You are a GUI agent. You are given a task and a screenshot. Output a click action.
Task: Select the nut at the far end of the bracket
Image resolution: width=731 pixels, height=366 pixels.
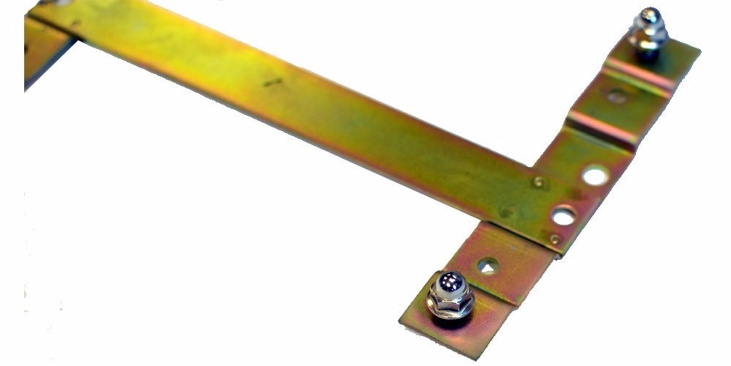pyautogui.click(x=648, y=40)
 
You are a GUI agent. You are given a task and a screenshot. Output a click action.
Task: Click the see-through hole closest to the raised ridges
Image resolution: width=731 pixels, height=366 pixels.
pyautogui.click(x=595, y=176)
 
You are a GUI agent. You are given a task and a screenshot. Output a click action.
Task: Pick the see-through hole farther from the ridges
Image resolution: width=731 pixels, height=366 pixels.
pyautogui.click(x=564, y=216)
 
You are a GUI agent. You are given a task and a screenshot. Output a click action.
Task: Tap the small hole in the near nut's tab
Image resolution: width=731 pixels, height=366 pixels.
pyautogui.click(x=488, y=265)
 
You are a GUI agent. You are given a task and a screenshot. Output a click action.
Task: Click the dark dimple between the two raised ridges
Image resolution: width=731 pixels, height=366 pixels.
pyautogui.click(x=616, y=96)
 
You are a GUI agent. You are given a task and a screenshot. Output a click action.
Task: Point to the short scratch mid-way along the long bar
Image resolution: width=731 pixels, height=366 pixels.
pyautogui.click(x=273, y=83)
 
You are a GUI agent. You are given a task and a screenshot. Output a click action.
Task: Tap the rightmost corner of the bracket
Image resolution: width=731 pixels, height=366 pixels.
pyautogui.click(x=699, y=51)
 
